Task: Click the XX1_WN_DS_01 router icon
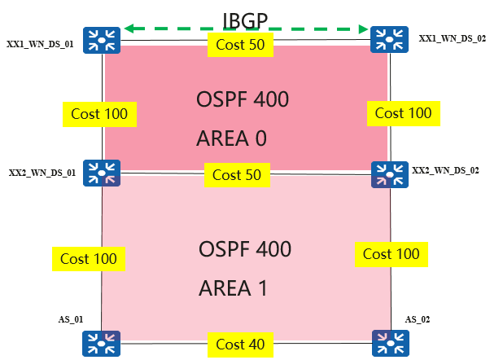(105, 39)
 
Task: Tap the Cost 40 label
(240, 345)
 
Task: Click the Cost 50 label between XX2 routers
(236, 174)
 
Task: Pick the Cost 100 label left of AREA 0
(99, 113)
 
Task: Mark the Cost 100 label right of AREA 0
(404, 112)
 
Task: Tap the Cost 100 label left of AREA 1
(88, 259)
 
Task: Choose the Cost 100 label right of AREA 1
(392, 254)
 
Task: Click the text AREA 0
(232, 138)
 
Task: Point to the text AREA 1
(234, 288)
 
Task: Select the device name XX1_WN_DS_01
(41, 44)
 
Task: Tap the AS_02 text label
(416, 320)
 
